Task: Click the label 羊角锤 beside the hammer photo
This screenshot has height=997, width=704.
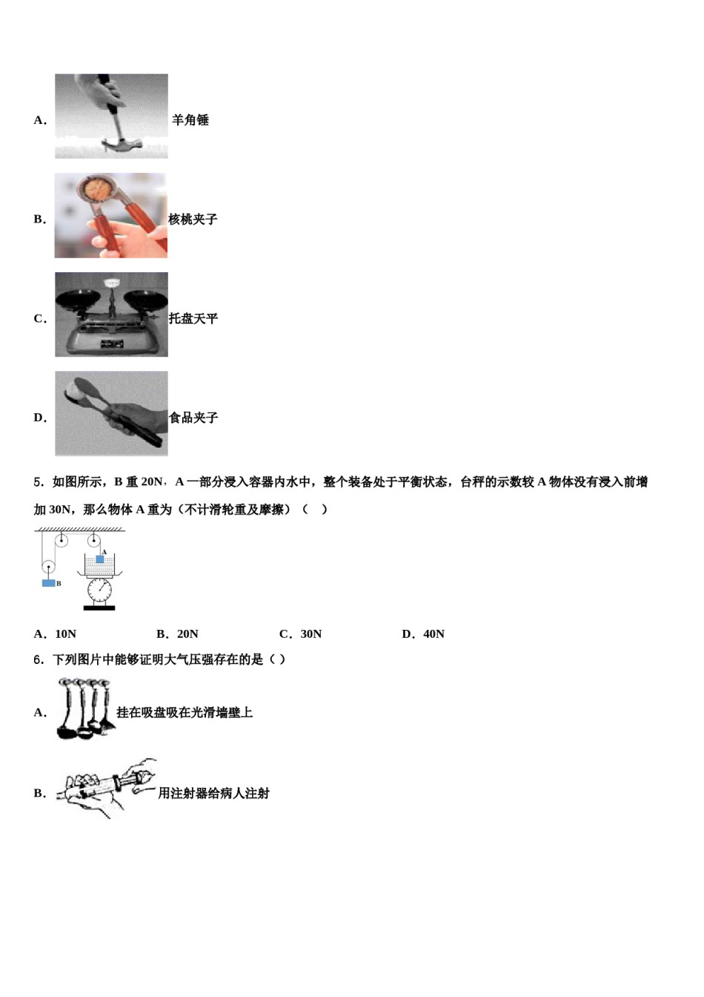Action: pyautogui.click(x=190, y=120)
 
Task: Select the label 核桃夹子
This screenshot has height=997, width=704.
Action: pyautogui.click(x=193, y=220)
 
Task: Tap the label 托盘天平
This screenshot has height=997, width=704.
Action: pyautogui.click(x=193, y=319)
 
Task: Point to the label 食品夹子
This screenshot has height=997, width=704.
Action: pyautogui.click(x=194, y=418)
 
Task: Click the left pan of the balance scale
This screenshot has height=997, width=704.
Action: pyautogui.click(x=78, y=299)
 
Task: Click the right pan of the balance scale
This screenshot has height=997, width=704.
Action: pyautogui.click(x=145, y=297)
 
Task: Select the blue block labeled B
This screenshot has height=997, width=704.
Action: pyautogui.click(x=49, y=583)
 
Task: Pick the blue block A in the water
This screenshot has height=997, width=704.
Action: pyautogui.click(x=100, y=559)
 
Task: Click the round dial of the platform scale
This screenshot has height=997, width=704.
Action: pyautogui.click(x=99, y=590)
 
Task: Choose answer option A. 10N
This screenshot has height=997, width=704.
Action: pyautogui.click(x=56, y=634)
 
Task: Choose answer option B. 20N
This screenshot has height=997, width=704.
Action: pyautogui.click(x=178, y=634)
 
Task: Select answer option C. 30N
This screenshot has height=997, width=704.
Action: pyautogui.click(x=301, y=634)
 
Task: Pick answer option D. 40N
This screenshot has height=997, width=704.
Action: pyautogui.click(x=423, y=634)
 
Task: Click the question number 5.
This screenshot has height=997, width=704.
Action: pyautogui.click(x=38, y=482)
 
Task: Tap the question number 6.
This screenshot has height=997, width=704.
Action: pyautogui.click(x=38, y=659)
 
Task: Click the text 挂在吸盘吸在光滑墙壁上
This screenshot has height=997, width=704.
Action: pyautogui.click(x=185, y=713)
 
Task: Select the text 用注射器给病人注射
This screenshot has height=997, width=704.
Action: pyautogui.click(x=213, y=794)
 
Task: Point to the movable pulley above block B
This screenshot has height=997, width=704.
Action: pyautogui.click(x=49, y=567)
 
